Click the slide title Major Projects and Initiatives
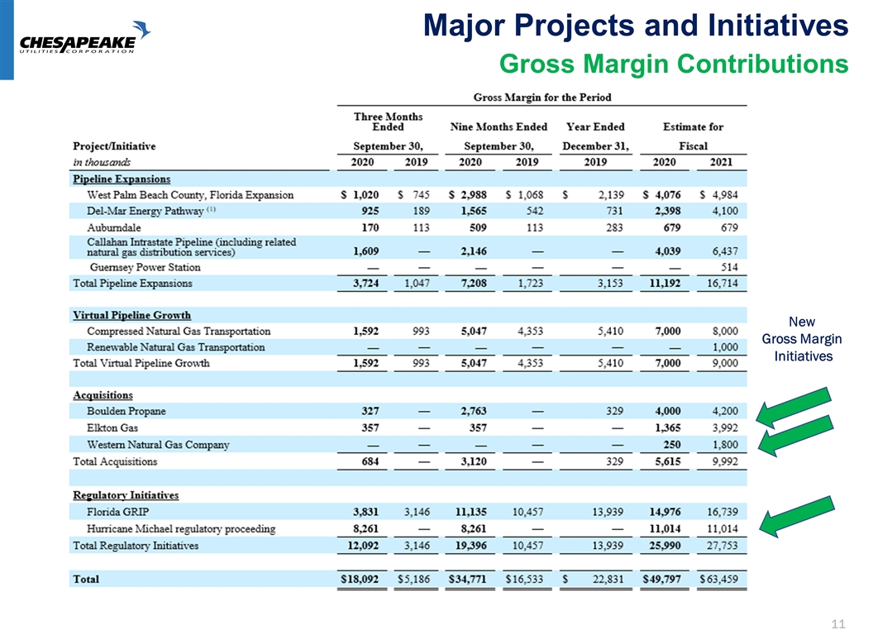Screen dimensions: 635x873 [x=636, y=28]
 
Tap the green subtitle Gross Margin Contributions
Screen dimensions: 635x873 [x=675, y=64]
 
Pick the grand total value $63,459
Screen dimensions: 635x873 [x=719, y=580]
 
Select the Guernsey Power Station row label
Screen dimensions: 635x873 [x=145, y=267]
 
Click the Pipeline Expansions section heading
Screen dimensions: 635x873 [x=121, y=179]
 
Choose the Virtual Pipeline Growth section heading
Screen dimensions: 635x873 [x=131, y=315]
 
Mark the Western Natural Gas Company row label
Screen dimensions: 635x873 [x=158, y=445]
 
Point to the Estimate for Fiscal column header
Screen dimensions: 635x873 [x=692, y=136]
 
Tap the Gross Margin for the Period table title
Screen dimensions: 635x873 [x=541, y=98]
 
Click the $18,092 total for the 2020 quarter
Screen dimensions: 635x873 [x=360, y=580]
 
